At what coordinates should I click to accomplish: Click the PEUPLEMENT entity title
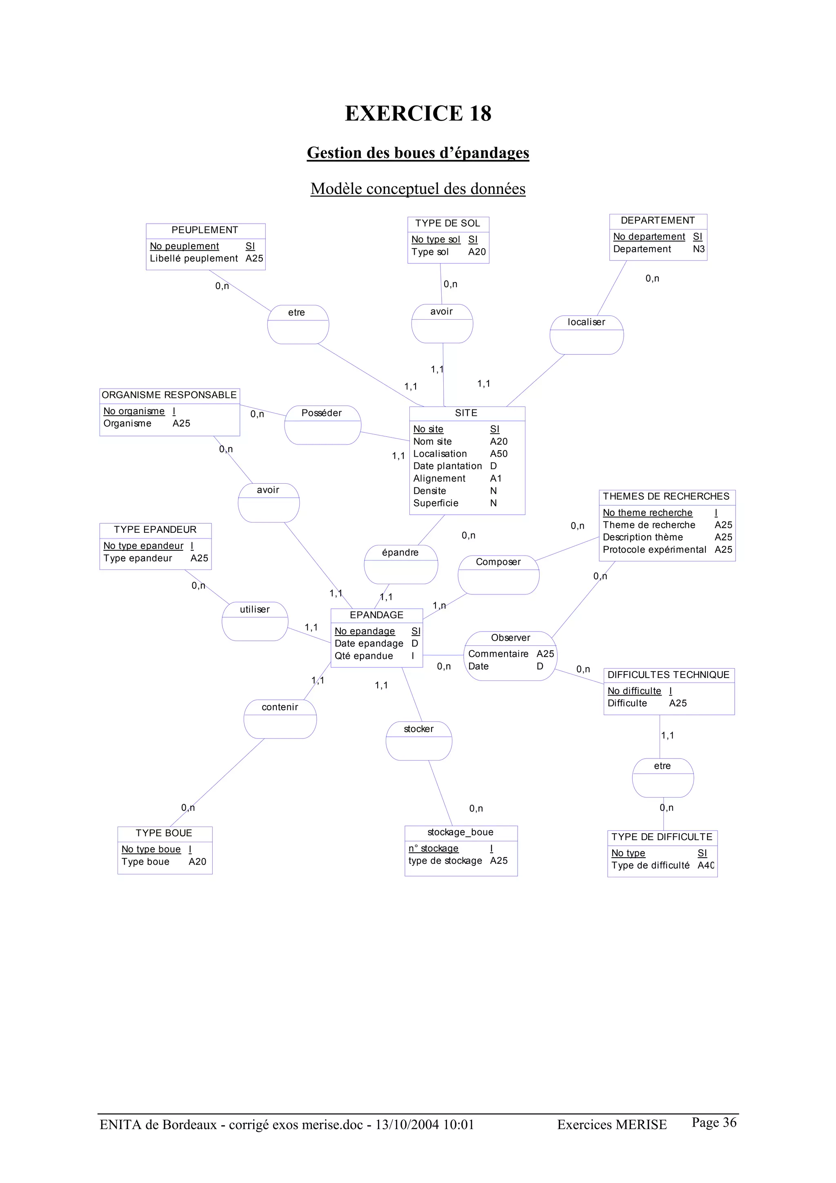coord(205,230)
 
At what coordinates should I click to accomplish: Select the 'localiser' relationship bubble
coord(586,334)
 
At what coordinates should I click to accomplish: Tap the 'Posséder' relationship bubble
coord(322,425)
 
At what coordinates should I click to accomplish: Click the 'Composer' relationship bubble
coord(498,574)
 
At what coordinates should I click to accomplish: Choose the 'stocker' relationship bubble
coord(418,740)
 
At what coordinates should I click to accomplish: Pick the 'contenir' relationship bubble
coord(280,719)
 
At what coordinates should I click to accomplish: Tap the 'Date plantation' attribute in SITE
coord(447,466)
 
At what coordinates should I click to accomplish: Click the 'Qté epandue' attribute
coord(363,656)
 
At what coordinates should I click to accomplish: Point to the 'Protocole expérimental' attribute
coord(654,549)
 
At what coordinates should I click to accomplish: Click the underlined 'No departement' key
coord(649,236)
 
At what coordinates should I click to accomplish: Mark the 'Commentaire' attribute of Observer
coord(498,654)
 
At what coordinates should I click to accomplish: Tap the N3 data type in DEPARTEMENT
coord(698,249)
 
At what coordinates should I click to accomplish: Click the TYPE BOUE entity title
coord(164,833)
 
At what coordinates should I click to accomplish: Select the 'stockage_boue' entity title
coord(460,832)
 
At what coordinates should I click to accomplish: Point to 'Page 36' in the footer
coord(714,1122)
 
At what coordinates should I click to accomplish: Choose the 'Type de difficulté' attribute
coord(650,865)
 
